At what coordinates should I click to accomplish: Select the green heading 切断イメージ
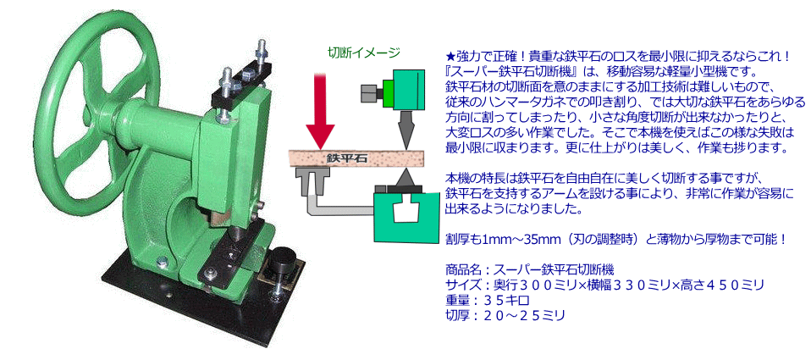364,52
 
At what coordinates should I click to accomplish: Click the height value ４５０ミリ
730,285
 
